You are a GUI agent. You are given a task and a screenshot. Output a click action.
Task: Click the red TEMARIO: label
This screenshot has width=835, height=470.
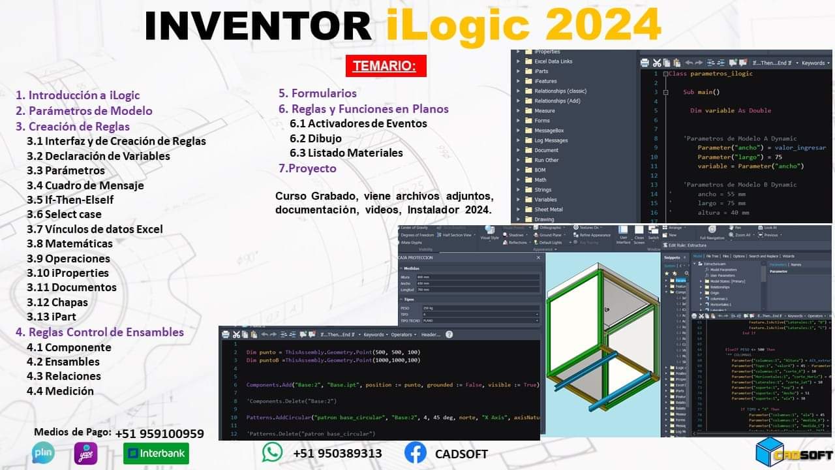[386, 66]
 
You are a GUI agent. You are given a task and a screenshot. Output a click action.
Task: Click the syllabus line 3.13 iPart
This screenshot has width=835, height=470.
[52, 317]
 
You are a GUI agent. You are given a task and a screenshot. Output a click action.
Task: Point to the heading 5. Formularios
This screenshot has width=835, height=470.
[318, 93]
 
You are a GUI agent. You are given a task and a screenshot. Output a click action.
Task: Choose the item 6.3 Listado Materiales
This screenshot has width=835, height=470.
[346, 153]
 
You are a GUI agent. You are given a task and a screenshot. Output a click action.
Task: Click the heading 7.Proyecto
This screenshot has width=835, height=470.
[307, 168]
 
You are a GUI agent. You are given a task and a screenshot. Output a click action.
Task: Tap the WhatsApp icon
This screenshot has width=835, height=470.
[273, 453]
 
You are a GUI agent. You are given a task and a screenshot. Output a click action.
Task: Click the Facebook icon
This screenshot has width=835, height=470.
[416, 453]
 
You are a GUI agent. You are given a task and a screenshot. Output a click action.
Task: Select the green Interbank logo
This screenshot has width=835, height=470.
[156, 453]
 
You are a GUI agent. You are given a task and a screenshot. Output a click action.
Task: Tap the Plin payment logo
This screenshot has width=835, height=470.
[44, 453]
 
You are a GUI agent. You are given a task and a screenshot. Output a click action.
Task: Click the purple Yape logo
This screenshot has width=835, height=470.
[85, 453]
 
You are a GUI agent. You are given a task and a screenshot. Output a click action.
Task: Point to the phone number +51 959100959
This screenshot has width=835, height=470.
[159, 434]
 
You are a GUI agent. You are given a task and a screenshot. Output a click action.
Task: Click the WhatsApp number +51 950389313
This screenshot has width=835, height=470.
[337, 453]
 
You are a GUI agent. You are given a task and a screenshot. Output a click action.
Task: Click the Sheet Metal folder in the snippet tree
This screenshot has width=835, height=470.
[548, 210]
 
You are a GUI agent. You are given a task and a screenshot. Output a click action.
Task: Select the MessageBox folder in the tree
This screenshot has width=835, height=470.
[549, 131]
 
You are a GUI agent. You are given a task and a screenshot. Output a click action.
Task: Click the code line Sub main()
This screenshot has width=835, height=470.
[701, 92]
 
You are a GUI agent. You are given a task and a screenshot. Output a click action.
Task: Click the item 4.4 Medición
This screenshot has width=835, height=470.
[60, 391]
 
